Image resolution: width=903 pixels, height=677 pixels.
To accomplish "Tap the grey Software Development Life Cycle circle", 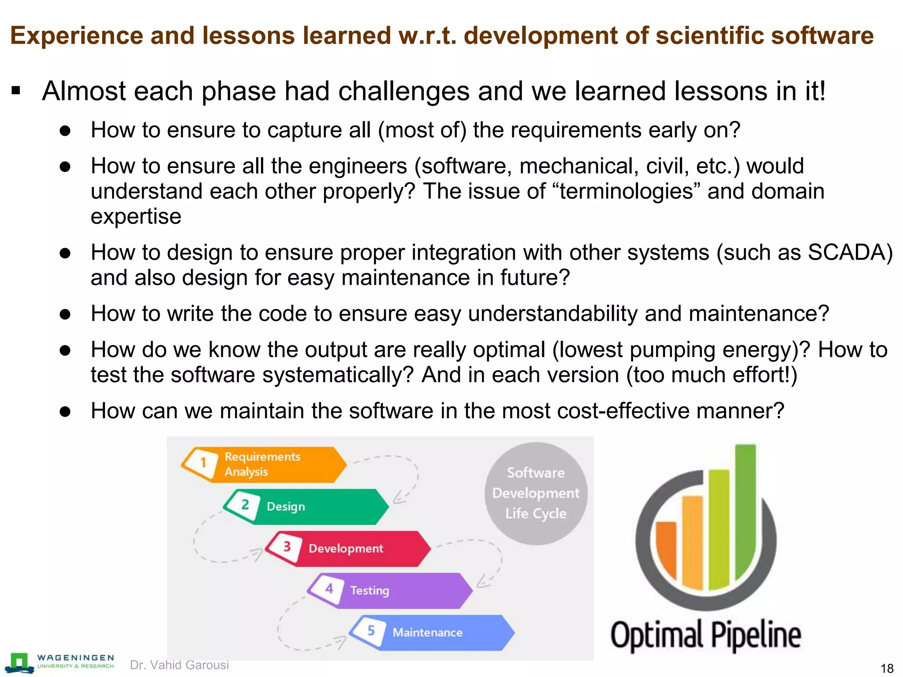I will pos(536,493).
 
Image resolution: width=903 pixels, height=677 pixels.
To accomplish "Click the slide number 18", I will pos(887,668).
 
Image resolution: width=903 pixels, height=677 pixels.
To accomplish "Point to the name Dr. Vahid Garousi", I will pos(179,665).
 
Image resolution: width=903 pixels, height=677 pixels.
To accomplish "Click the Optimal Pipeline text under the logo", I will pos(705,636).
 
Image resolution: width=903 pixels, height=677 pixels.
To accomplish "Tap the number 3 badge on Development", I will pos(287,547).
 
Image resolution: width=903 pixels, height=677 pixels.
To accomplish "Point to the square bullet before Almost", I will pos(16,91).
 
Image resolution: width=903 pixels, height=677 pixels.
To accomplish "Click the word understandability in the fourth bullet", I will pos(552,314).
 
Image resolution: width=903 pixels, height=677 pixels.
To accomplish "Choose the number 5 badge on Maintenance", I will pos(371,631).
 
